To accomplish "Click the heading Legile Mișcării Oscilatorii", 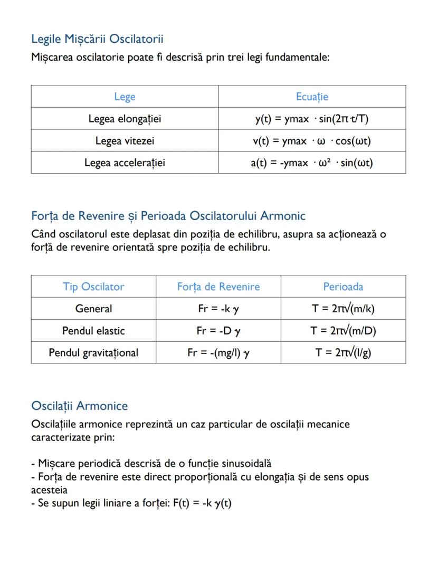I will (97, 39).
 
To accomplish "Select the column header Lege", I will (125, 97).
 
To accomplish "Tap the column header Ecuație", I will (312, 97).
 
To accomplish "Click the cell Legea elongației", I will (125, 119).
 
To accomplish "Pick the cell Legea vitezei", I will (125, 141).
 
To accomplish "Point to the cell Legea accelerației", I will (125, 162).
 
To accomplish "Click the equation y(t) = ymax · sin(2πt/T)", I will (312, 119).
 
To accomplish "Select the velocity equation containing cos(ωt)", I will (312, 141).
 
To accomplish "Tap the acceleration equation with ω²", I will (312, 162).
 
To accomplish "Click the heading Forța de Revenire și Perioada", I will (168, 216).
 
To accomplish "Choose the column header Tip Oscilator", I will (93, 286).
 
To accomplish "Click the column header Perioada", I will (343, 286).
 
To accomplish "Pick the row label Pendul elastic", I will (93, 331).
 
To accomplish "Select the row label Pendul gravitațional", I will (93, 352).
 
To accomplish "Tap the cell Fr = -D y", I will (218, 331).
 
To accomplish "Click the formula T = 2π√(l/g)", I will (343, 352).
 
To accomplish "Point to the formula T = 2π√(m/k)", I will (343, 309).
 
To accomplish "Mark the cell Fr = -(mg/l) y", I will (218, 352).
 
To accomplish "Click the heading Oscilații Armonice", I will (79, 406).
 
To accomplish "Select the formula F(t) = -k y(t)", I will (202, 503).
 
